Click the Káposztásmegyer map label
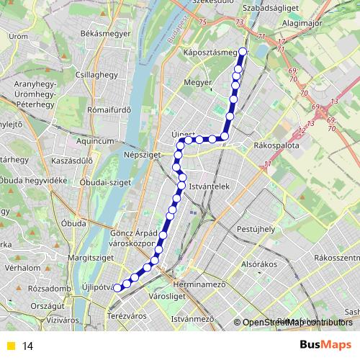[210, 53]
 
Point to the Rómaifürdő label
[107, 110]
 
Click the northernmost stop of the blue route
[243, 51]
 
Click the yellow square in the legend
[10, 346]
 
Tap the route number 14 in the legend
[28, 346]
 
